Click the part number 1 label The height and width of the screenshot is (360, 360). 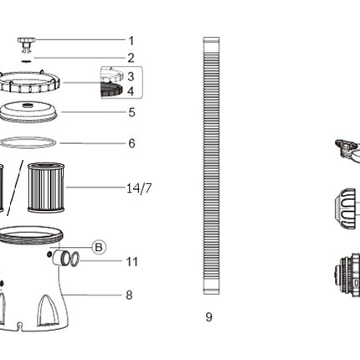pyautogui.click(x=131, y=41)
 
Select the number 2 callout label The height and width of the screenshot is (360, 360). pyautogui.click(x=131, y=58)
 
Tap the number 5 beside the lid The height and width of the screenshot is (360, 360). pyautogui.click(x=131, y=113)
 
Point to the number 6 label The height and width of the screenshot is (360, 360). pyautogui.click(x=131, y=143)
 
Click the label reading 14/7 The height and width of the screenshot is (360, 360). pyautogui.click(x=139, y=188)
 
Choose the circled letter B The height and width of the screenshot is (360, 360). pyautogui.click(x=99, y=247)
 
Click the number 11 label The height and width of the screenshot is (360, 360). pyautogui.click(x=132, y=262)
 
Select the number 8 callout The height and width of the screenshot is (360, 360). pyautogui.click(x=129, y=296)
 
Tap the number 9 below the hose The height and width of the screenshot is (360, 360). pyautogui.click(x=208, y=317)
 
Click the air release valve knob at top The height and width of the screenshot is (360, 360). pyautogui.click(x=27, y=44)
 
